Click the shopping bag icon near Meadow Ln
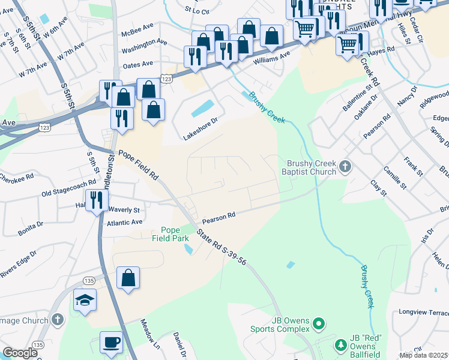click(128, 278)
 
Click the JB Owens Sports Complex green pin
click(319, 325)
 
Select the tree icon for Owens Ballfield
click(340, 345)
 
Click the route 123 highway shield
click(167, 79)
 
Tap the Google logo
click(20, 353)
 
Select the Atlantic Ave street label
click(125, 223)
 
